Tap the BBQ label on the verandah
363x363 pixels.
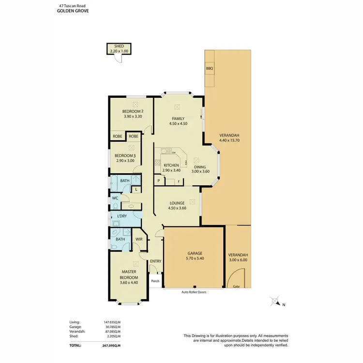point(210,69)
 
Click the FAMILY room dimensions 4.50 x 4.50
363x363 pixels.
point(178,124)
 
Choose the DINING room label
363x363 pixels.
point(200,166)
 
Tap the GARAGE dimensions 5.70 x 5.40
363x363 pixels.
point(194,259)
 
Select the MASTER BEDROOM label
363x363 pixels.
point(128,274)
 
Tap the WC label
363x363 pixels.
point(115,198)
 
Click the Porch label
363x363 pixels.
point(155,281)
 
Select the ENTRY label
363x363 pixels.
point(155,261)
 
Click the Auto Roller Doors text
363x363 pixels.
point(194,292)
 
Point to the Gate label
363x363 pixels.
point(236,287)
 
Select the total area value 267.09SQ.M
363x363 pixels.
point(111,346)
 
